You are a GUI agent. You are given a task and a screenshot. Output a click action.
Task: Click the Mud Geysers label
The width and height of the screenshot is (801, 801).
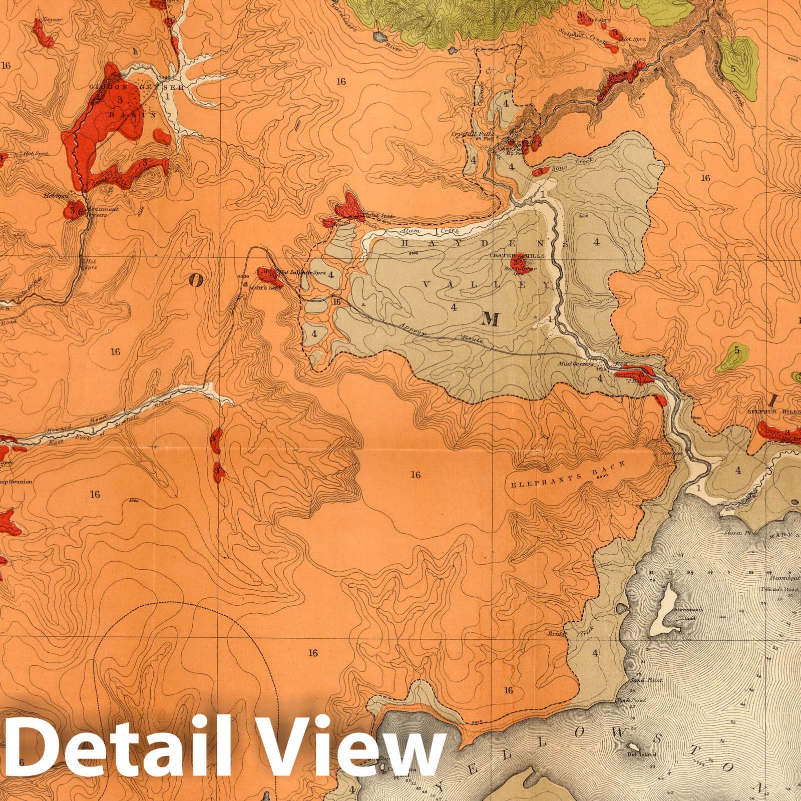576,365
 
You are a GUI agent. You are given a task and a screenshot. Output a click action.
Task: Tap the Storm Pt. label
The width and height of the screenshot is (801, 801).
735,533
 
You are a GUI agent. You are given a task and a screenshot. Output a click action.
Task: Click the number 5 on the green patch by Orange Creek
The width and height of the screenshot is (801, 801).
733,69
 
